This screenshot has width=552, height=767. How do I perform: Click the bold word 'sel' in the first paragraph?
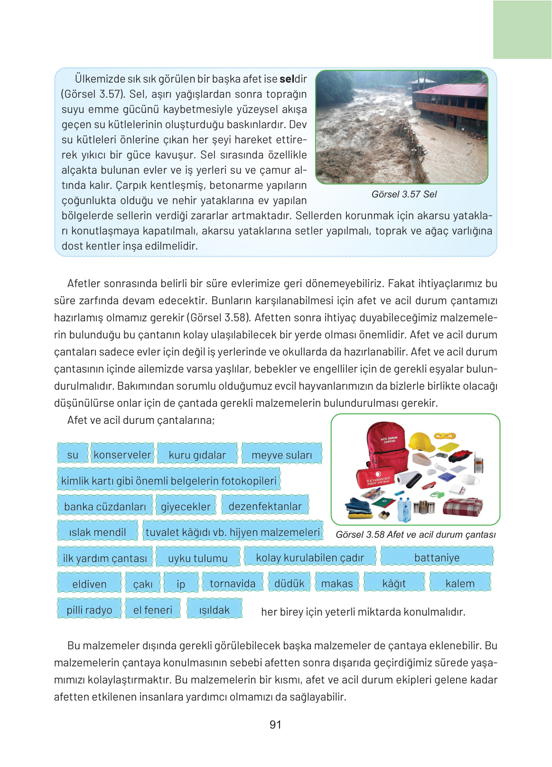pyautogui.click(x=287, y=79)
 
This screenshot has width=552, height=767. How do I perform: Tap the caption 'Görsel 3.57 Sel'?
pyautogui.click(x=404, y=194)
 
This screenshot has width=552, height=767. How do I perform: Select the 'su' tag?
pyautogui.click(x=73, y=455)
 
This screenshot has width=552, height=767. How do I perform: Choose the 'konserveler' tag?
pyautogui.click(x=122, y=455)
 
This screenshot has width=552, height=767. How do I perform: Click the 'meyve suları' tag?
pyautogui.click(x=281, y=455)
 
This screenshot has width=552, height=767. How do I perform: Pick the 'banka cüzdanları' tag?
pyautogui.click(x=105, y=506)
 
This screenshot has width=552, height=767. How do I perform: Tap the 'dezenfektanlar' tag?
pyautogui.click(x=265, y=506)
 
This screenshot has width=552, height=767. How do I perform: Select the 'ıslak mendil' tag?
pyautogui.click(x=97, y=532)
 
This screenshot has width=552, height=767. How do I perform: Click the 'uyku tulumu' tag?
pyautogui.click(x=197, y=558)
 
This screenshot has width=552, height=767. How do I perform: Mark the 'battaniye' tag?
pyautogui.click(x=437, y=558)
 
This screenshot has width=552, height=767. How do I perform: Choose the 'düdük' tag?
pyautogui.click(x=289, y=583)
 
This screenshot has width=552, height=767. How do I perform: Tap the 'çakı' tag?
pyautogui.click(x=143, y=584)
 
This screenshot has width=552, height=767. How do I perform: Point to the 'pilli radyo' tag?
pyautogui.click(x=89, y=610)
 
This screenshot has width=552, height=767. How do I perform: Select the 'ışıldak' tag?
pyautogui.click(x=214, y=610)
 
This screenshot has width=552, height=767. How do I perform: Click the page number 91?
pyautogui.click(x=275, y=725)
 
